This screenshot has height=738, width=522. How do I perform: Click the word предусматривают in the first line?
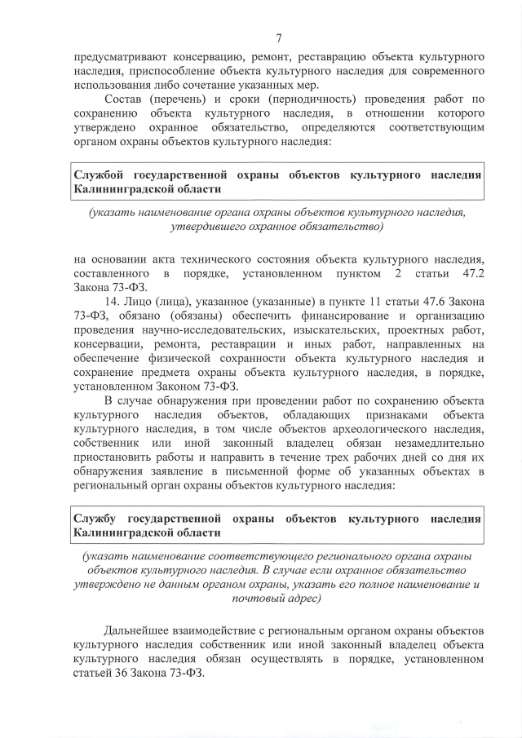tap(117, 59)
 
